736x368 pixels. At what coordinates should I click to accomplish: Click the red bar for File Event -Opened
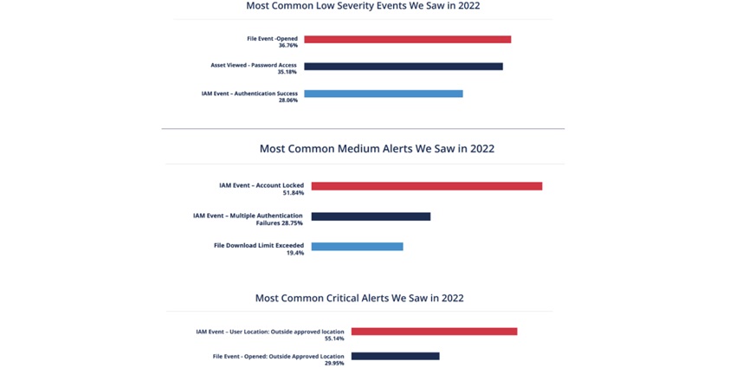point(407,39)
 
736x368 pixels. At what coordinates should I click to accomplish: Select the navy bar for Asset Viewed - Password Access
point(403,67)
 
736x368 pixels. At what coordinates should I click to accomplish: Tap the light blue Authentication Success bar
point(383,94)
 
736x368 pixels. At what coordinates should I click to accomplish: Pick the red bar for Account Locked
point(426,186)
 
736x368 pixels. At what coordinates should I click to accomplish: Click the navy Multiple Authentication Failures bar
point(371,216)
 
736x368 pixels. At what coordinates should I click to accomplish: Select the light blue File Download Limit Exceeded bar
point(357,247)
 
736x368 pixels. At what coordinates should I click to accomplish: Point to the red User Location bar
point(434,332)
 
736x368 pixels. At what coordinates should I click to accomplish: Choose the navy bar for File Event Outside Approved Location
point(395,356)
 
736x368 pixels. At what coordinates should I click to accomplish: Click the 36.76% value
point(287,45)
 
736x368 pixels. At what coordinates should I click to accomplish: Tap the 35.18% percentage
point(287,73)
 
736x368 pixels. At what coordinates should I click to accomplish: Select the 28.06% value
point(287,100)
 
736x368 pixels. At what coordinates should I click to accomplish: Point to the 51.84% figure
point(294,192)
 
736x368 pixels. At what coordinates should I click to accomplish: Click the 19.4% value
point(295,253)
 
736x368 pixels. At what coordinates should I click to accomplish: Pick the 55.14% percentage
point(333,339)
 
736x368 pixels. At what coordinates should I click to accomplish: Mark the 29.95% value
point(333,363)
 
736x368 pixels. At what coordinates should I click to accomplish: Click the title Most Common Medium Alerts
point(377,149)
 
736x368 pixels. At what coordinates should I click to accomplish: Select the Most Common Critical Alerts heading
point(359,298)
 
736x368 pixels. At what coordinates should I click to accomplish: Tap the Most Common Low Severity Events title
point(363,6)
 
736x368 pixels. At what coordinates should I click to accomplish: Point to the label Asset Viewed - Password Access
point(254,65)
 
